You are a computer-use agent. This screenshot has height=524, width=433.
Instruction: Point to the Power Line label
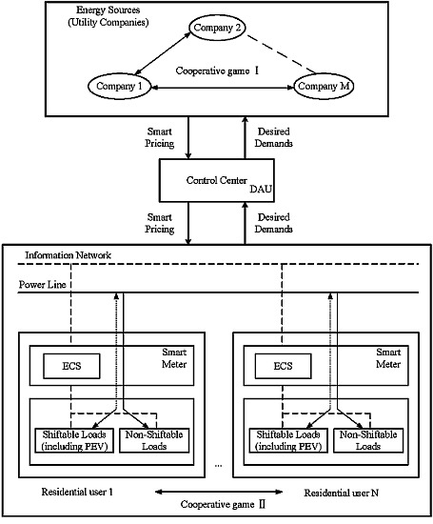(x=47, y=284)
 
